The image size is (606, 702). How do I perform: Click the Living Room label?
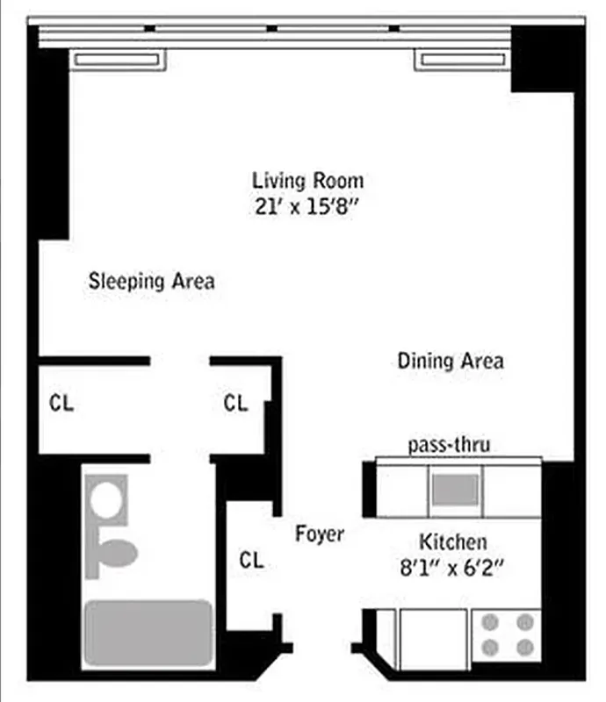(307, 181)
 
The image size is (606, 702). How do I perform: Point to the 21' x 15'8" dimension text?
(307, 208)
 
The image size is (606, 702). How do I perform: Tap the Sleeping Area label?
(151, 282)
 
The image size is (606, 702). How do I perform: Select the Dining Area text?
(451, 361)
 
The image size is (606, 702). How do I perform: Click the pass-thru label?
(449, 445)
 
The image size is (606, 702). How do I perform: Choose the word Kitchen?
(452, 541)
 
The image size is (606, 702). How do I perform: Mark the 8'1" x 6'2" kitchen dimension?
(452, 567)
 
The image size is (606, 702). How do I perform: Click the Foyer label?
(319, 534)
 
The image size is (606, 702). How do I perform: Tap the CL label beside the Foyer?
(252, 560)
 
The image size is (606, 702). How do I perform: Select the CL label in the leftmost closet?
(61, 404)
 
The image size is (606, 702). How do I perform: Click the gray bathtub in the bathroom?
(148, 633)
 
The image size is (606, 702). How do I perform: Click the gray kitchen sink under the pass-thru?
(455, 489)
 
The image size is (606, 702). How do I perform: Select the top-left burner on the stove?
(491, 622)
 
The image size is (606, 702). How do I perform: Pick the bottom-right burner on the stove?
(525, 648)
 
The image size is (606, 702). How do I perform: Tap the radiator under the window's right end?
(462, 60)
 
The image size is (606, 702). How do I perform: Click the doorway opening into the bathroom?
(179, 457)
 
